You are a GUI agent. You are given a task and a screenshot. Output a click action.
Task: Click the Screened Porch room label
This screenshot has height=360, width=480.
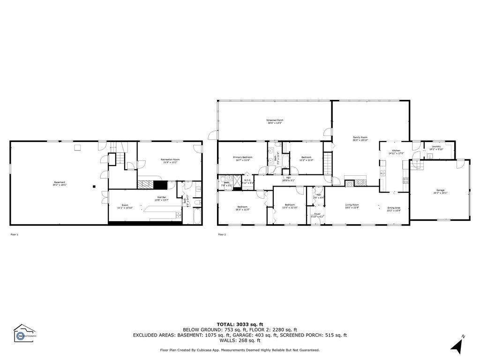275,120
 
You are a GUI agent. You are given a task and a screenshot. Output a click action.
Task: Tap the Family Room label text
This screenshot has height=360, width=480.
360,137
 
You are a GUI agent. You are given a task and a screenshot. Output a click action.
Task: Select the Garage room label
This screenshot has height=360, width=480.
440,190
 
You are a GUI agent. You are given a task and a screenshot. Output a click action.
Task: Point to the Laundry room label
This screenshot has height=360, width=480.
436,146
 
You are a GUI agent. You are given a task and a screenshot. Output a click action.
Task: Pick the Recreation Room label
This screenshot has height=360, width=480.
170,159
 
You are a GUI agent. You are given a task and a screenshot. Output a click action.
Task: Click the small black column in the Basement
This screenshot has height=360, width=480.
94,186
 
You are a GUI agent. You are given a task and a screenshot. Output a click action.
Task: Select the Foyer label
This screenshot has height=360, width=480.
317,214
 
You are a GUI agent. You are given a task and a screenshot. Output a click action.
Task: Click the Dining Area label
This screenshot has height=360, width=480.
393,207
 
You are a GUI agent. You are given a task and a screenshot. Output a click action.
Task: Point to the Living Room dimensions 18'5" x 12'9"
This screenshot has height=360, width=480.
352,207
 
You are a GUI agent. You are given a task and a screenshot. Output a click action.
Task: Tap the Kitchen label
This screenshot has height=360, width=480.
396,150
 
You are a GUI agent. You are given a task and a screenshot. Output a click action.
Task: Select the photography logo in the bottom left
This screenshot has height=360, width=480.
24,334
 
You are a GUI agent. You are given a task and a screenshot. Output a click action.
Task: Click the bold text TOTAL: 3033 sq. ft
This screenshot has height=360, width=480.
240,324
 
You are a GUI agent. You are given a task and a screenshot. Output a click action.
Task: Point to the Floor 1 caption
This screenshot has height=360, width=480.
14,234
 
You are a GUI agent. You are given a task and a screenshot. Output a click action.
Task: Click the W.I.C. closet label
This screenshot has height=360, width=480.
247,180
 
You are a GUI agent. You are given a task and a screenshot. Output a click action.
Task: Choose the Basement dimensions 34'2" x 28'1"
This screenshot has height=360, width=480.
59,185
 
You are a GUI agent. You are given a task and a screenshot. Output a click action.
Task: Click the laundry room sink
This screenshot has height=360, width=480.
428,156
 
